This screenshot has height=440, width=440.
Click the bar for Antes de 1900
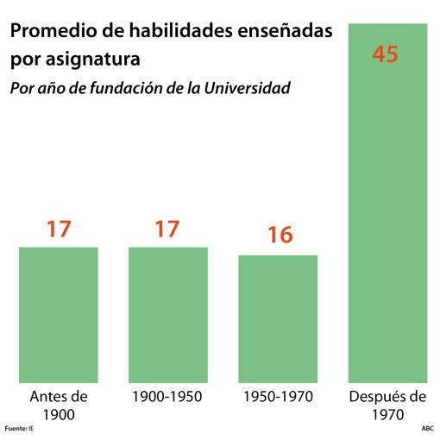coord(58,315)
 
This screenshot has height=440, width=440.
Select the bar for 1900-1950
coord(168,315)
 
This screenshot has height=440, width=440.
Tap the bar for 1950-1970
coord(278,318)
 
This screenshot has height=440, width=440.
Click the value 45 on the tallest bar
coord(385,53)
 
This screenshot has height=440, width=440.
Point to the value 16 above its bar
coord(279,236)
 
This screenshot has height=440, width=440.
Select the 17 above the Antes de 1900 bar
coord(59,229)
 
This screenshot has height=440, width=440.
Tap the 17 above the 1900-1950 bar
coord(167,229)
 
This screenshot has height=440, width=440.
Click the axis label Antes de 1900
coord(59,405)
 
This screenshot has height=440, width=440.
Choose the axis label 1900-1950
coord(168,397)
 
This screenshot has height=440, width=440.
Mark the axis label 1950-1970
coord(278,397)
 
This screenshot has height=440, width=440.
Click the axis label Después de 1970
coord(387,405)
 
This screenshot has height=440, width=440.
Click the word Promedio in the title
coord(49,32)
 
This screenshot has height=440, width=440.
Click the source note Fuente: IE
coord(19,428)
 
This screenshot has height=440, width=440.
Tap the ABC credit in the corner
coord(427,428)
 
